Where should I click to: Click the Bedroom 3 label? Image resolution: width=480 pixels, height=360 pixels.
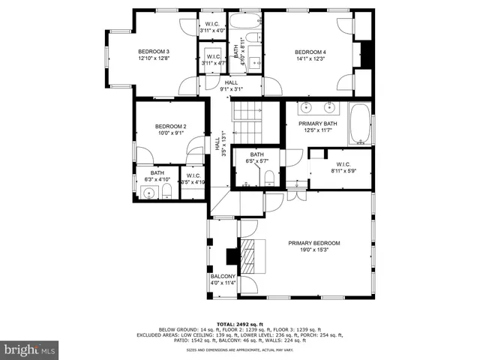point(154,52)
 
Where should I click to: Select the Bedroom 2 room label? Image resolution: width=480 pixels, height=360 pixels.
point(170,126)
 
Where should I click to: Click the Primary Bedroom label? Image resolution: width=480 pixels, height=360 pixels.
point(315,243)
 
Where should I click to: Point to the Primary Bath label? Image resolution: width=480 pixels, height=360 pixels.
point(318,124)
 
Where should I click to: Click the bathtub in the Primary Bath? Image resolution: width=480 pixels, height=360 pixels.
point(361,124)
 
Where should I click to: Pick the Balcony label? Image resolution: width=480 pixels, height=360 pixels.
point(223,276)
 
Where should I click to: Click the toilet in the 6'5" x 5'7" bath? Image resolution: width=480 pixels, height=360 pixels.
point(268,177)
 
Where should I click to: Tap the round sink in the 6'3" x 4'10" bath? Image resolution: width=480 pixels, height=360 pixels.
point(148,193)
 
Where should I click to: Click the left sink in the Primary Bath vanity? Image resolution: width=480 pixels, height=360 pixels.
point(307,107)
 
